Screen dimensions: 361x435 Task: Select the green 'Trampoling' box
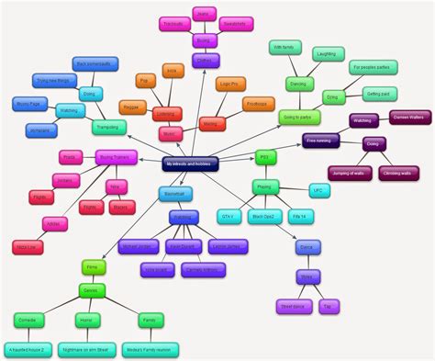click(x=110, y=127)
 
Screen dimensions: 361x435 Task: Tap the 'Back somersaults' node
click(x=95, y=63)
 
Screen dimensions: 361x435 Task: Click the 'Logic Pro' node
click(x=235, y=83)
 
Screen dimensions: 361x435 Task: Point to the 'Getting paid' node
click(x=377, y=95)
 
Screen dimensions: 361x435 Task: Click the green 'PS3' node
click(x=265, y=156)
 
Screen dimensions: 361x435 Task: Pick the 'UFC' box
click(x=318, y=192)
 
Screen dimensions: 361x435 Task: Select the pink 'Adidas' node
click(x=52, y=223)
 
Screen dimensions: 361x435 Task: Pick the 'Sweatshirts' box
click(x=234, y=26)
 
